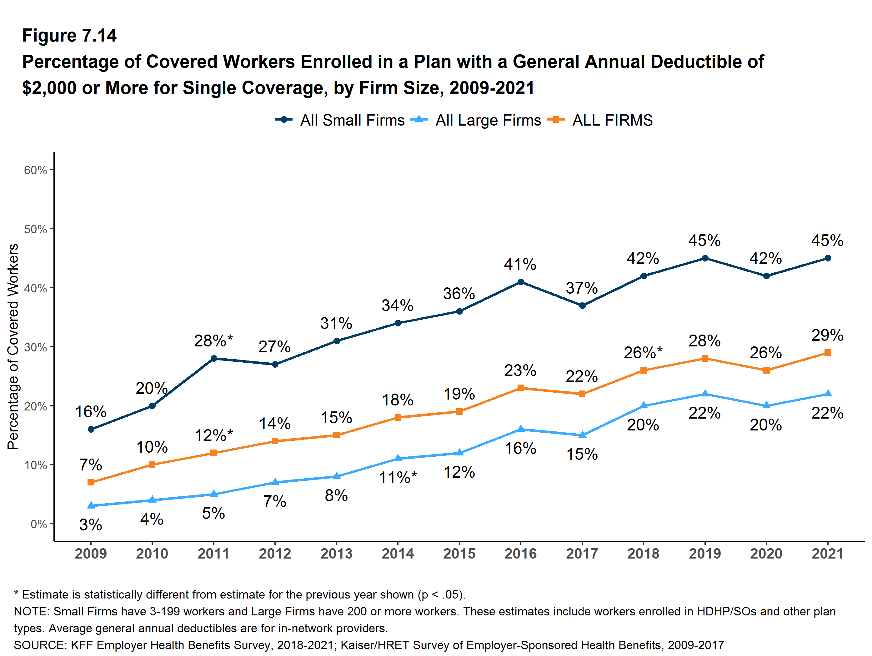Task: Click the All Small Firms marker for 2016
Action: pos(520,282)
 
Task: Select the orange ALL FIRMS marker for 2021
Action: pos(827,353)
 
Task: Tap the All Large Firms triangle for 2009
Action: pos(91,505)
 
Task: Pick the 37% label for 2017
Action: pos(582,288)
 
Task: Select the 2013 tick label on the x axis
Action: pos(336,554)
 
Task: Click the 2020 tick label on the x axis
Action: pos(766,554)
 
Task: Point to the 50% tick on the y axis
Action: pos(36,229)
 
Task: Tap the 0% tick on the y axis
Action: pos(39,524)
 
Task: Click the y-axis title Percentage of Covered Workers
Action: pos(13,346)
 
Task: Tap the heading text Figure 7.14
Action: pos(69,36)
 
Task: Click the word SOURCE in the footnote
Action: pos(40,645)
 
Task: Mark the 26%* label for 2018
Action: pos(643,353)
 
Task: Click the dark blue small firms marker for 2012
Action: pos(275,365)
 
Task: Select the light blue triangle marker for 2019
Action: pos(705,394)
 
